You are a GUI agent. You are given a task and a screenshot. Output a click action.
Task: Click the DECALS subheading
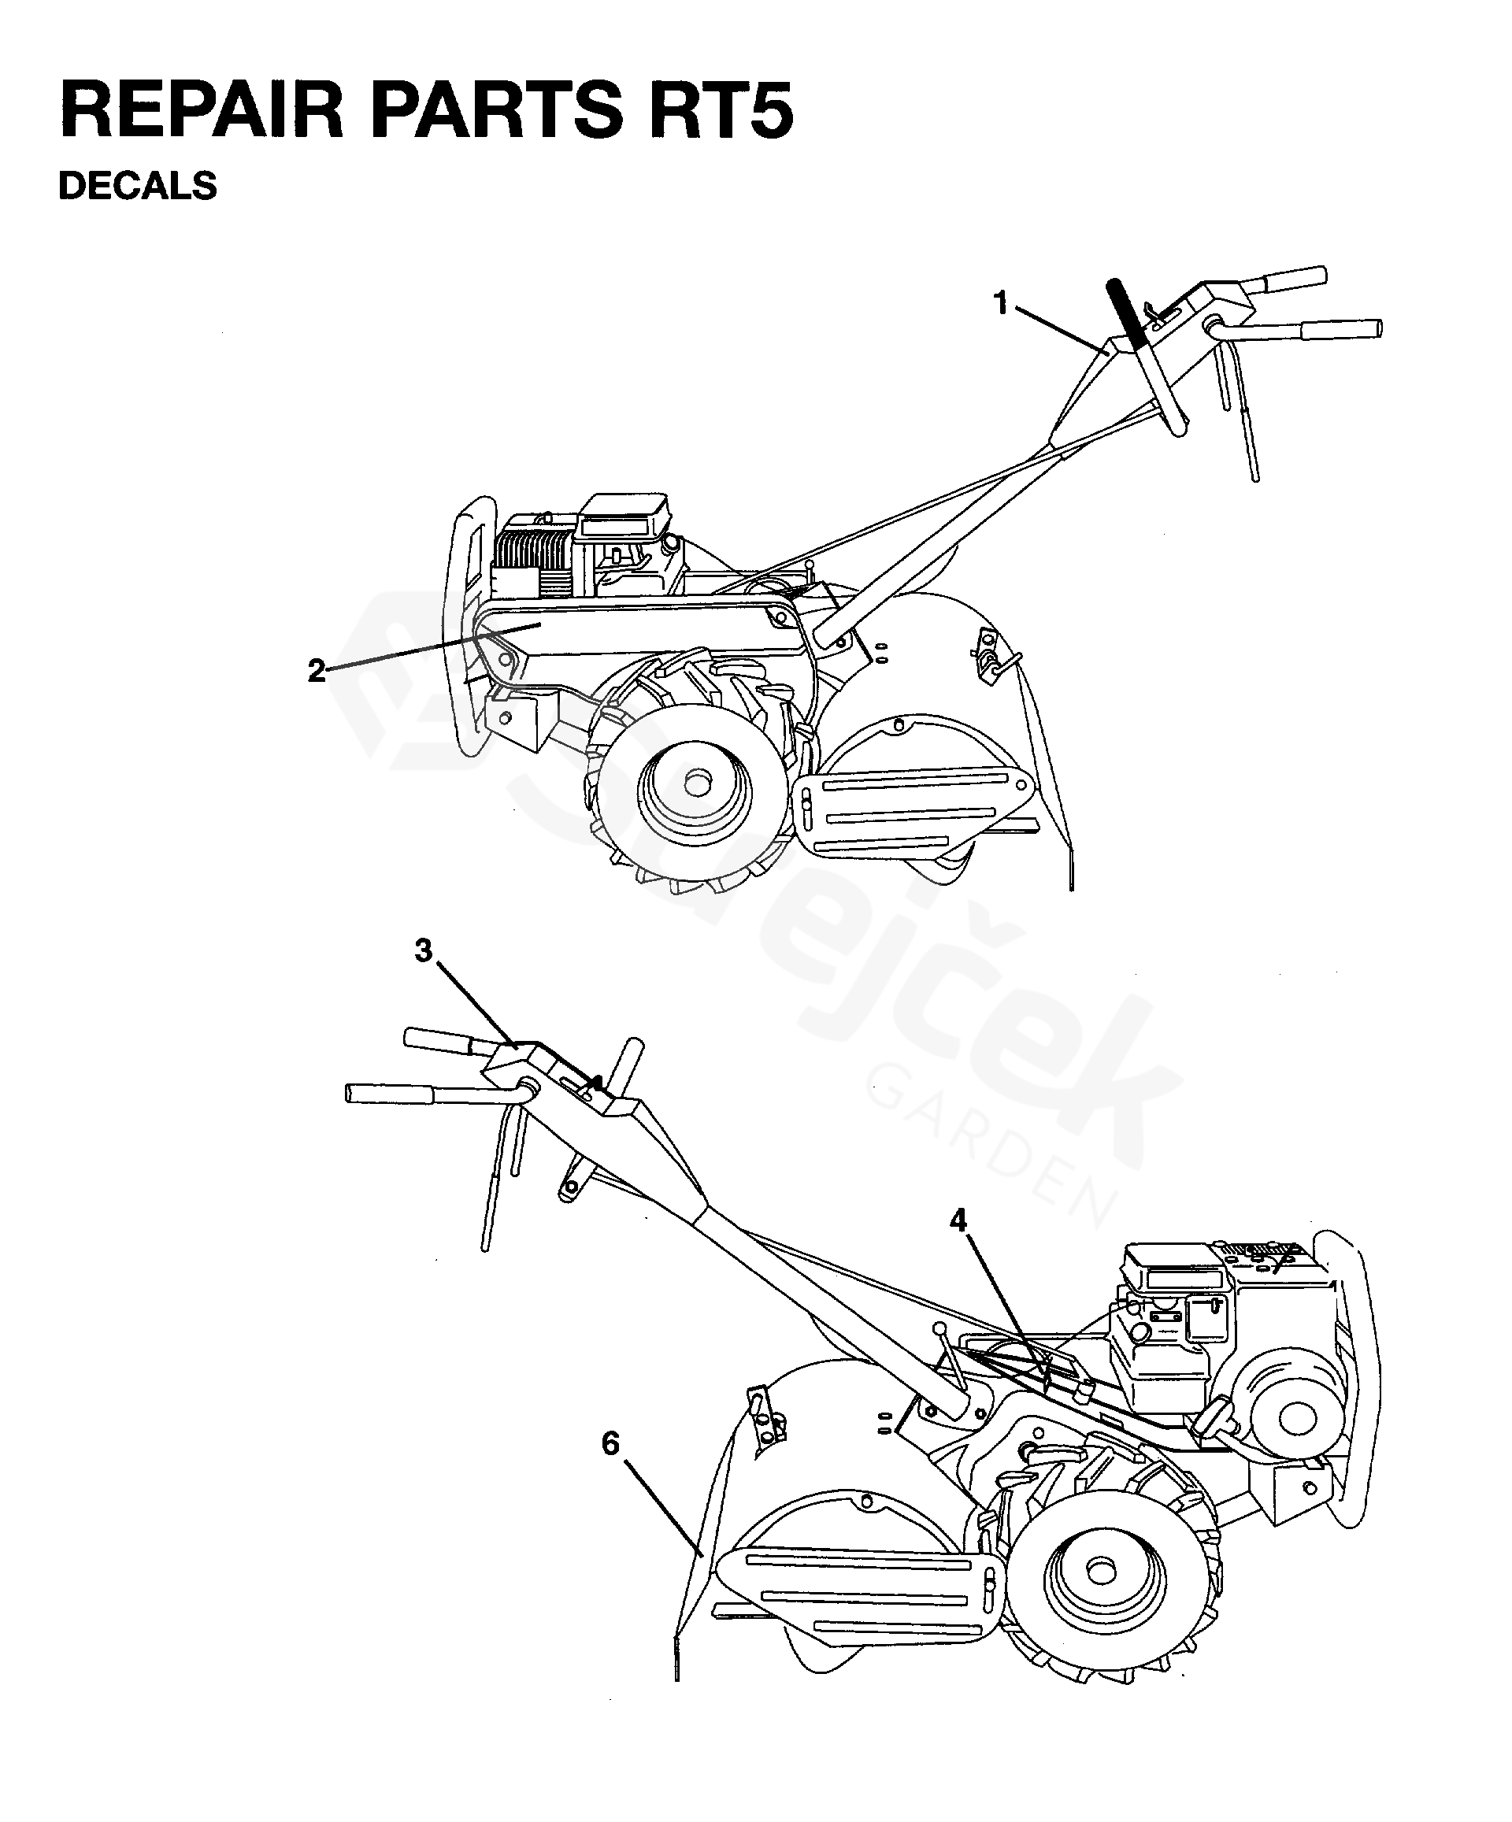(137, 186)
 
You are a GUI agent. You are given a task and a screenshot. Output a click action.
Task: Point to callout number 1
(1001, 304)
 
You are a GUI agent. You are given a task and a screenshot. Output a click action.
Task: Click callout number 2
(317, 670)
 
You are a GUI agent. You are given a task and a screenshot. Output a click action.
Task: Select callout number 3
(423, 951)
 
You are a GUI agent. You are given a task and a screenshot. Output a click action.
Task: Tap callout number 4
(958, 1220)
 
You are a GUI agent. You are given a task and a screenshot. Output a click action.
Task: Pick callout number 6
(610, 1444)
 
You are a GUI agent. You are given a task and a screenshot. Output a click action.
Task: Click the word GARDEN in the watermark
(989, 1146)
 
